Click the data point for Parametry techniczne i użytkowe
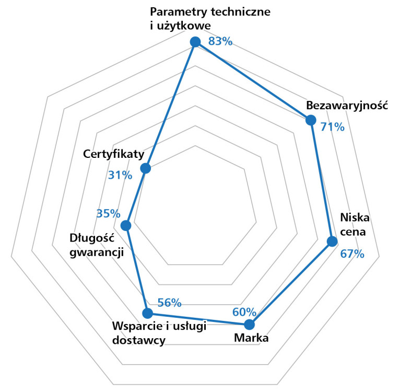195,42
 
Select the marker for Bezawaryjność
311,120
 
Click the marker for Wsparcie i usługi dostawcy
148,313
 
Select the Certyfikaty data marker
146,168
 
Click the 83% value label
220,41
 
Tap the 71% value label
333,126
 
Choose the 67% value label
352,254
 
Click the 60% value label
244,312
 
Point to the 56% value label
169,302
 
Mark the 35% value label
108,213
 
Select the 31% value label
120,175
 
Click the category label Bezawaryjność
346,105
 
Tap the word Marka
251,338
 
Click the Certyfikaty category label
113,154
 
